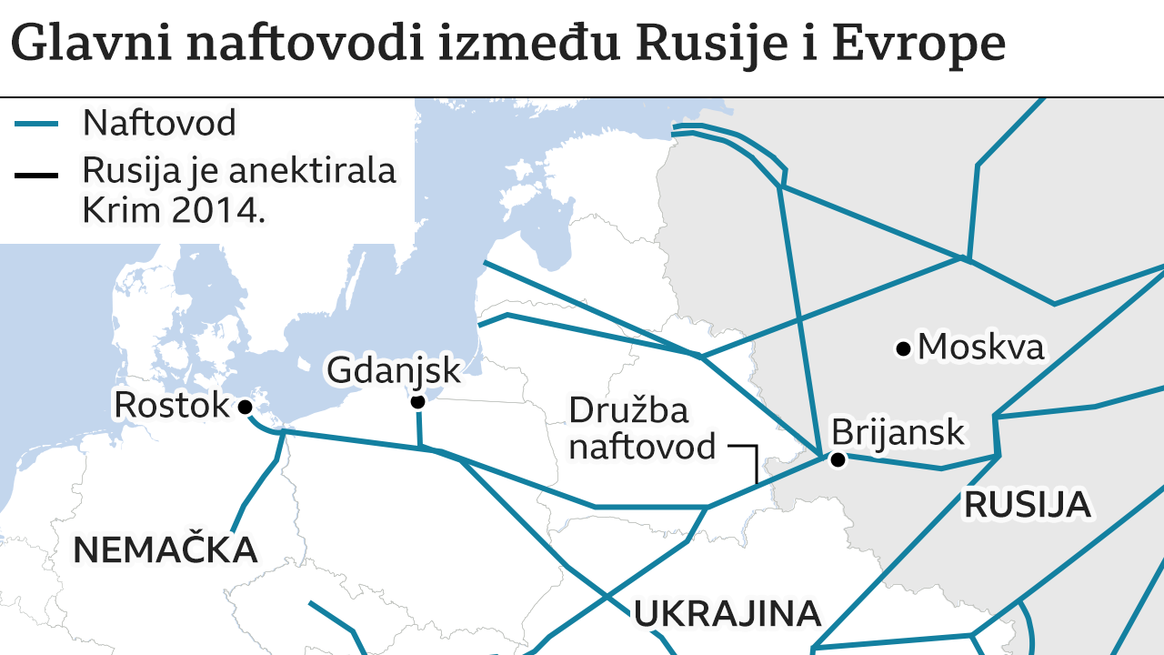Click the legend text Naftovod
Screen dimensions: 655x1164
coord(159,122)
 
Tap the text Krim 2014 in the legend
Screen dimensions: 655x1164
coord(173,210)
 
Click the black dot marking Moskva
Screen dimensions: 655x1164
coord(903,348)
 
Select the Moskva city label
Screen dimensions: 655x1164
coord(981,347)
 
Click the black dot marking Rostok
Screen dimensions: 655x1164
coord(245,408)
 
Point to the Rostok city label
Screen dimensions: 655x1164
coord(171,405)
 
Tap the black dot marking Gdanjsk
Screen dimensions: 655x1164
coord(417,401)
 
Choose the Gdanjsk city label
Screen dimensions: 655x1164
coord(394,370)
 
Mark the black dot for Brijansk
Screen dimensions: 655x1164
coord(838,460)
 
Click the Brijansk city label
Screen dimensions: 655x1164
coord(898,432)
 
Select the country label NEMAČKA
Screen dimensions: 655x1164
coord(165,549)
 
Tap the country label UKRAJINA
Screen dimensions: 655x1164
coord(727,614)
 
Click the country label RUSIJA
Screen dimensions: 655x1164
coord(1028,504)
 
